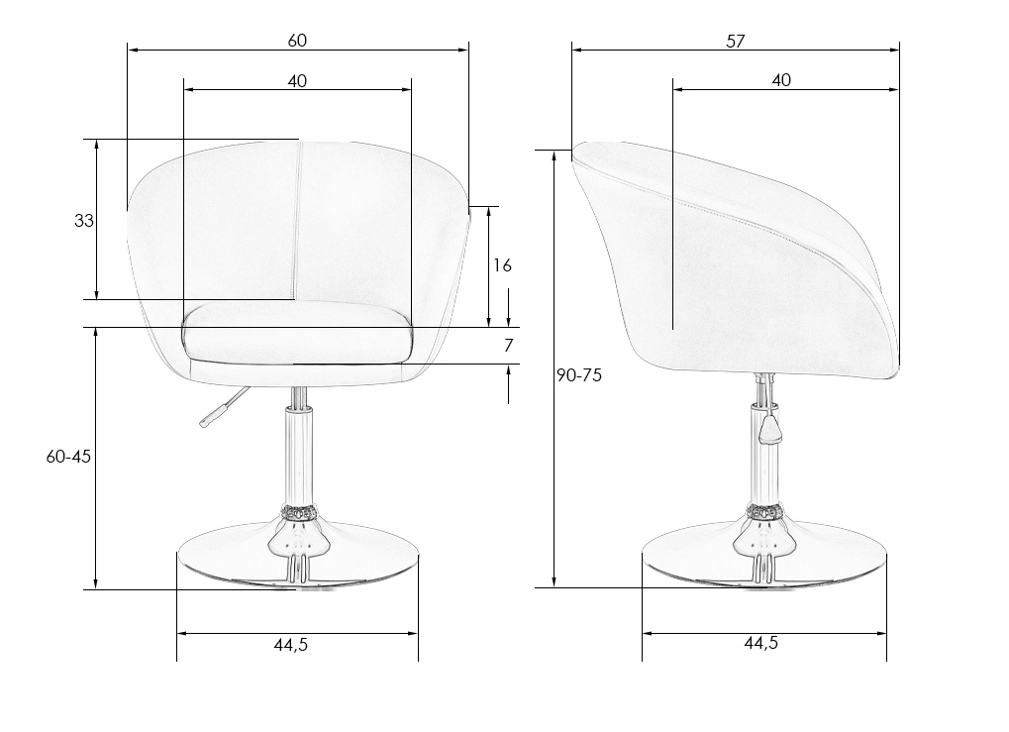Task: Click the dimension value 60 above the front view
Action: [x=297, y=41]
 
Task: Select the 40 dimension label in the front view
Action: [x=297, y=81]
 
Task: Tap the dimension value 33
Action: [x=83, y=221]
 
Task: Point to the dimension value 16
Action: [x=503, y=265]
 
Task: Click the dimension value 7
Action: [x=508, y=346]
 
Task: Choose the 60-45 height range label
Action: [x=69, y=457]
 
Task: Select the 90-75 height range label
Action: [x=579, y=375]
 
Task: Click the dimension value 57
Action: [x=736, y=42]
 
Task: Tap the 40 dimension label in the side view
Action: [x=781, y=80]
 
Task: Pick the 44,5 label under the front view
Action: [x=291, y=645]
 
